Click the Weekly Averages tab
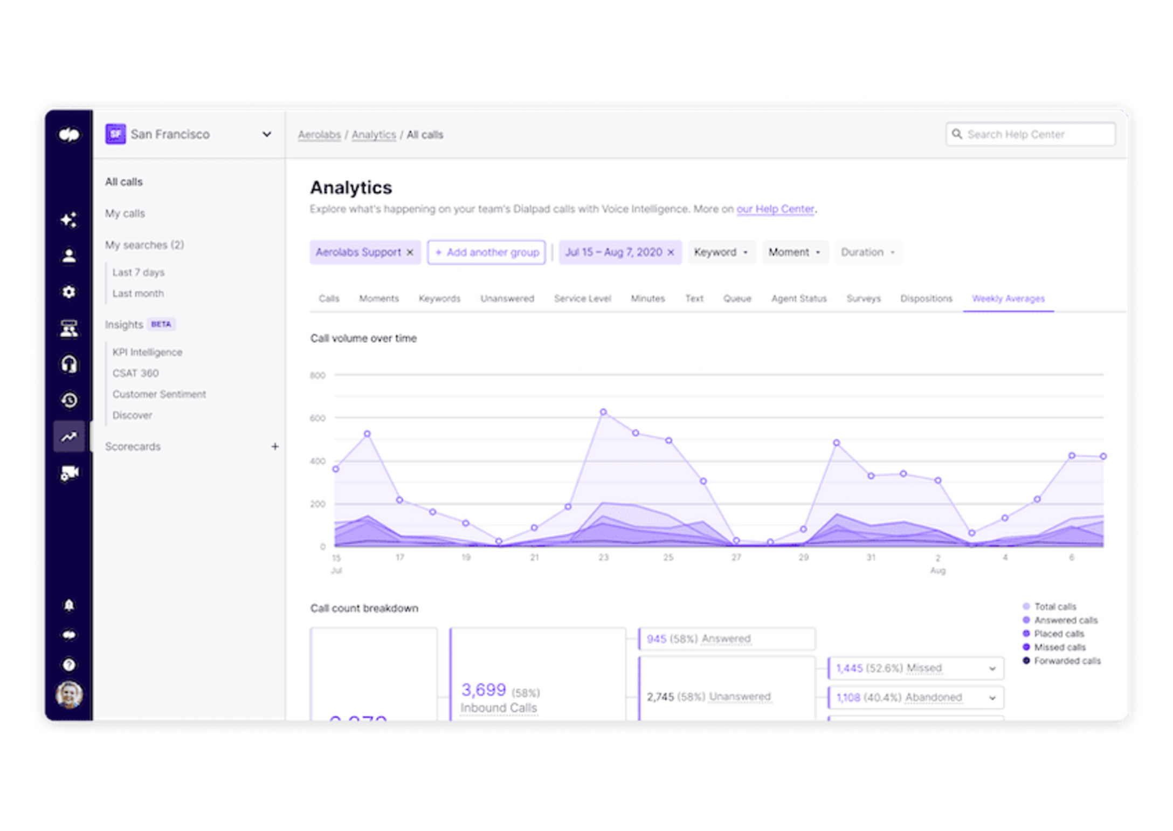pos(1008,299)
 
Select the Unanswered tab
pos(507,299)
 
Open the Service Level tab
pos(582,299)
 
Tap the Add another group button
pos(486,252)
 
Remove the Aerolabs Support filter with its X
pos(410,252)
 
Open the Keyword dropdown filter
pos(721,252)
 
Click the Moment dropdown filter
pos(794,252)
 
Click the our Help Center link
pos(775,209)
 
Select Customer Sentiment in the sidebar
pos(159,394)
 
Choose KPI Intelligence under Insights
pos(147,352)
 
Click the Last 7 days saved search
pos(139,272)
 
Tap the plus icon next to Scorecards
pos(275,447)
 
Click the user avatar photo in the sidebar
pos(69,695)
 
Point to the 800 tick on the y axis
pos(318,375)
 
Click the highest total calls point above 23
pos(603,412)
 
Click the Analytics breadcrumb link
pos(374,135)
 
